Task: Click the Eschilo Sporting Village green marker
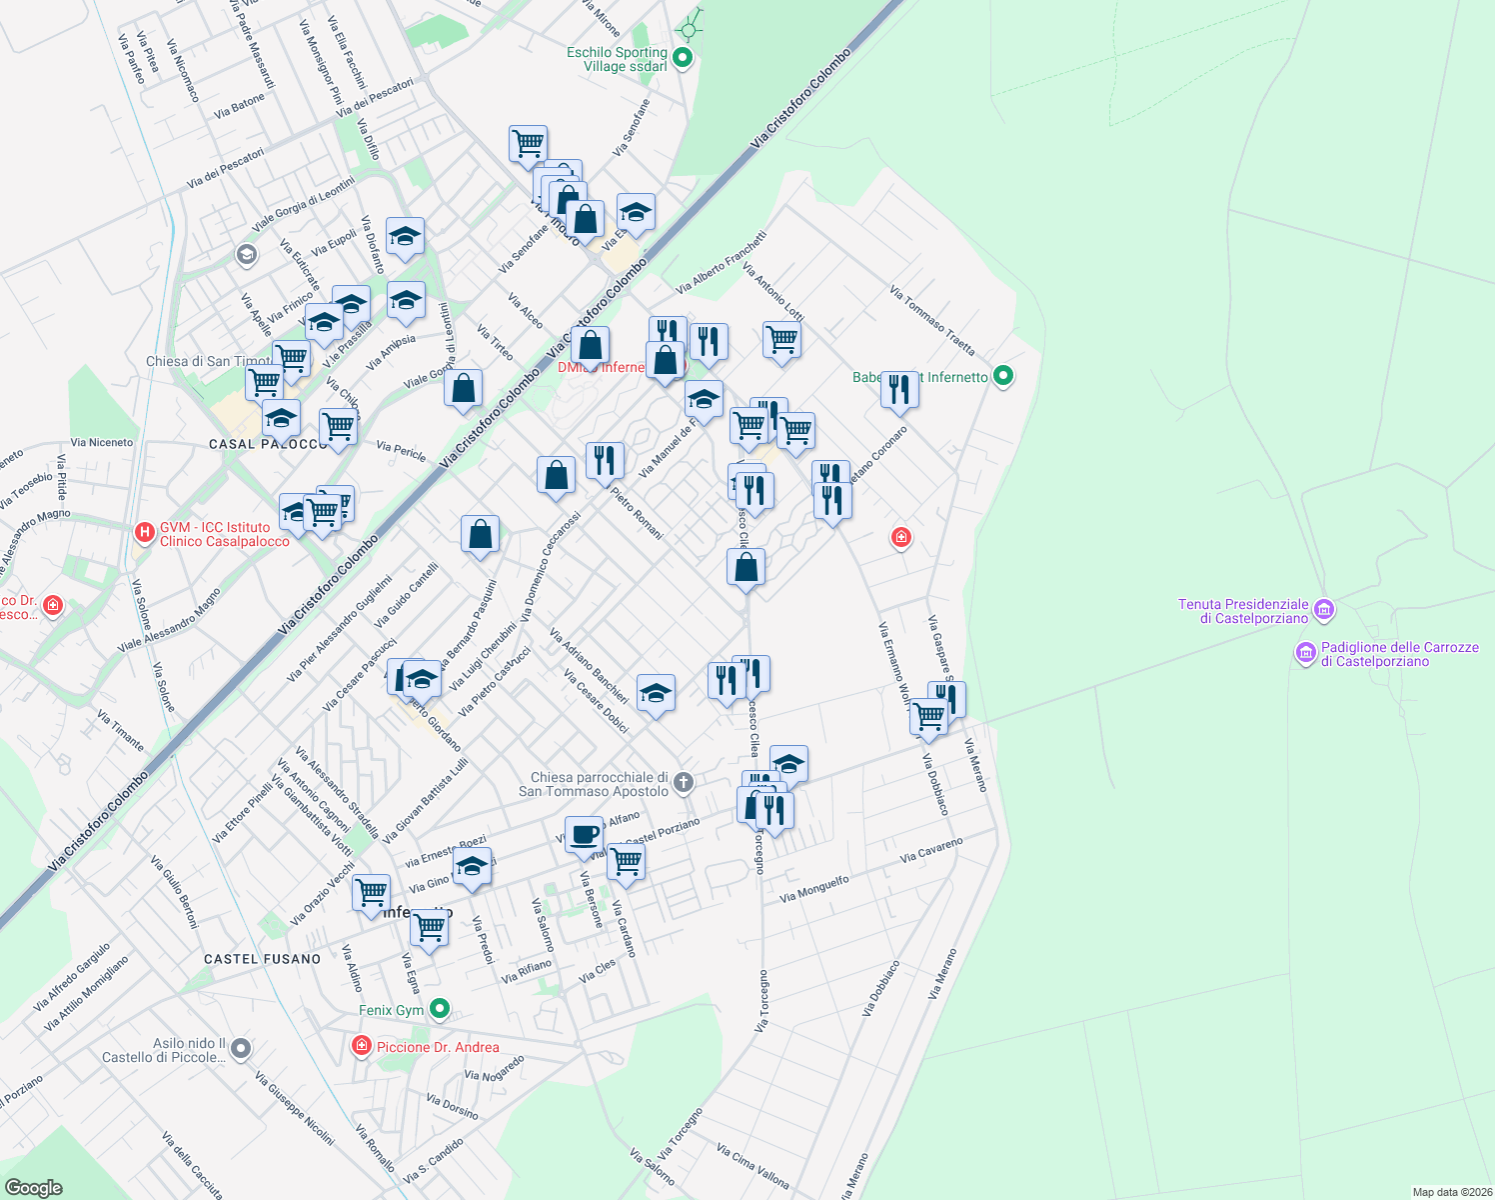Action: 683,58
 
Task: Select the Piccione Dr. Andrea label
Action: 438,1047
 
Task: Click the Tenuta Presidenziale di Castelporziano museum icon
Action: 1324,608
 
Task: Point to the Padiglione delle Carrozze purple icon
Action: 1305,653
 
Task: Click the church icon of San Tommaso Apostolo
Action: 684,782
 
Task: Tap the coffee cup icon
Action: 584,834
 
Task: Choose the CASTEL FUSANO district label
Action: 263,959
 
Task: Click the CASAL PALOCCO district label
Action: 268,444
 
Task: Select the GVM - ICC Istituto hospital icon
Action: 145,531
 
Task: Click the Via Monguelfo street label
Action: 814,889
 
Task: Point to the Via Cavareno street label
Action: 931,850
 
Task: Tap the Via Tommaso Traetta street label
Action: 931,321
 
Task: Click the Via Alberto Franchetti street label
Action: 722,262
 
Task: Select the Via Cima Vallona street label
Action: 752,1166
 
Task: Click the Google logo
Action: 33,1187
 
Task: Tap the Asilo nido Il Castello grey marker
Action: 240,1049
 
